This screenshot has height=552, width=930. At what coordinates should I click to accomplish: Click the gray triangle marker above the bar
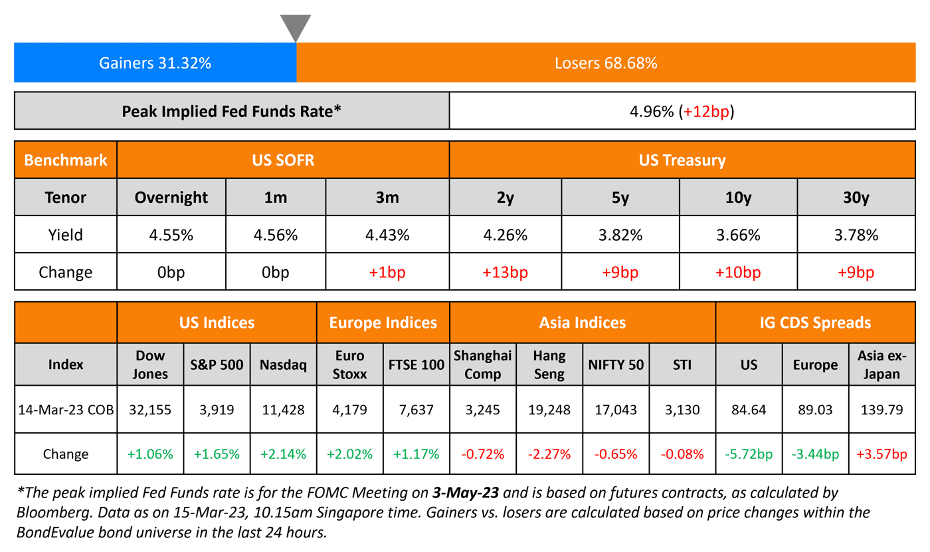[x=296, y=27]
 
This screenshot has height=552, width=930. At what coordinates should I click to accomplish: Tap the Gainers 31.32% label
[x=155, y=63]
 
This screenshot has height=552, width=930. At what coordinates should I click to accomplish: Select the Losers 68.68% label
[x=606, y=63]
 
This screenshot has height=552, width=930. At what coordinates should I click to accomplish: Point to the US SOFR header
[x=283, y=160]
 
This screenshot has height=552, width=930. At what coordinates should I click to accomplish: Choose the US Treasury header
[x=682, y=160]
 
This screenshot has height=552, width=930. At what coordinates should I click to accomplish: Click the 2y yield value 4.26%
[x=506, y=235]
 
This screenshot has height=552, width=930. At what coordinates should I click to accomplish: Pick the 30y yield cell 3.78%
[x=856, y=235]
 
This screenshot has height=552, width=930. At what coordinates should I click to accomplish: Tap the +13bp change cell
[x=506, y=272]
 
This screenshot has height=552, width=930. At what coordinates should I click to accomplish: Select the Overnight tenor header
[x=171, y=198]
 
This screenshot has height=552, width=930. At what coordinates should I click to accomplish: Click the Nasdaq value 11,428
[x=284, y=410]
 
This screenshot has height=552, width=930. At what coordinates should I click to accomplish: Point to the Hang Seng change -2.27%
[x=549, y=454]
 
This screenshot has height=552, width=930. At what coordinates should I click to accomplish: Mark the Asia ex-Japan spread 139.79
[x=882, y=410]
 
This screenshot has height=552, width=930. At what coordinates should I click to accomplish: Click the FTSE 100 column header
[x=417, y=364]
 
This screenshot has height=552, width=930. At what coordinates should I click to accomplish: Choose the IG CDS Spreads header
[x=815, y=323]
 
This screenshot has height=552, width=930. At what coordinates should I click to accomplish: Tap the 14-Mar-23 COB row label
[x=65, y=410]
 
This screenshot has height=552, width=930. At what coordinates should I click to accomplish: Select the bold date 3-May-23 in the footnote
[x=466, y=493]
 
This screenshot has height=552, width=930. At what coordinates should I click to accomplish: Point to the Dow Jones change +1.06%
[x=151, y=454]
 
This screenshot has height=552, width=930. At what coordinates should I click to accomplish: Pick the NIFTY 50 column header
[x=616, y=364]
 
